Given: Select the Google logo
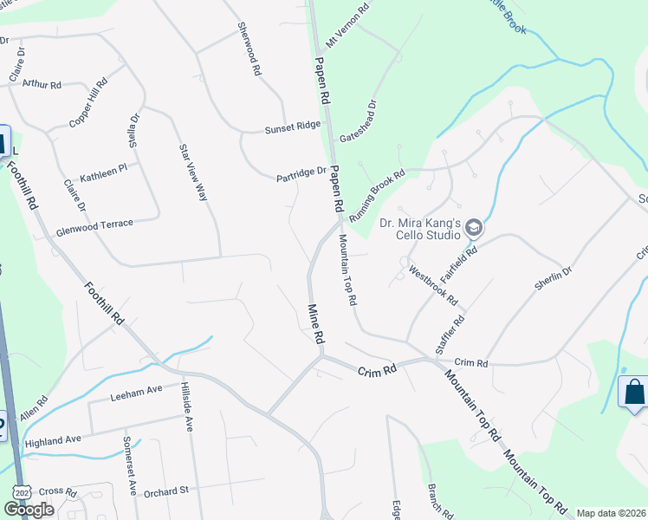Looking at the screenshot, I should tap(29, 510).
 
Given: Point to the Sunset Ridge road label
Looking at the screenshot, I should tap(292, 127).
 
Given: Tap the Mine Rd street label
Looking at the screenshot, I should tap(317, 322).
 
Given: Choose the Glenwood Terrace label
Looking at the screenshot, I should tap(94, 224).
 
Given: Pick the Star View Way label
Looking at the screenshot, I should tap(192, 172).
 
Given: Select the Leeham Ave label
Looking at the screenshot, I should tap(136, 393).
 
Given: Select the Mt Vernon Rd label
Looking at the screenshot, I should tap(347, 24).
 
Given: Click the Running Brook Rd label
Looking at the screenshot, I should tap(377, 193).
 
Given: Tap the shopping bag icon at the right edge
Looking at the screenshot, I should tap(635, 393).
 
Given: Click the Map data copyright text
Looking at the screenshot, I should tap(610, 513).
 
